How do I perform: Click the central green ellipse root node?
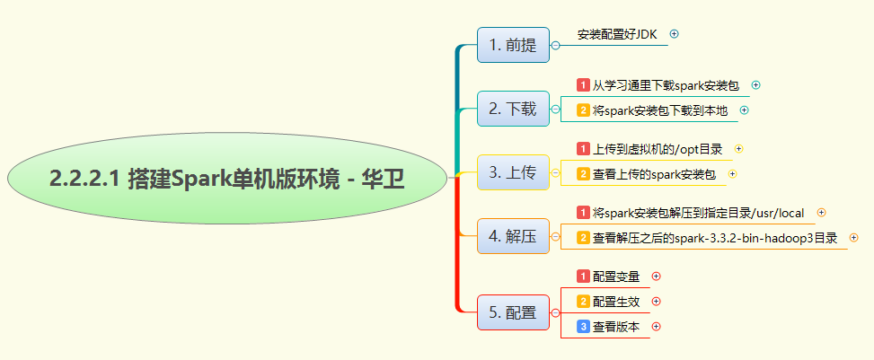[227, 180]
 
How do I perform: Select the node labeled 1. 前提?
[513, 46]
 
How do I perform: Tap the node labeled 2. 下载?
[513, 110]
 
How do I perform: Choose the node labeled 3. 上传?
[513, 172]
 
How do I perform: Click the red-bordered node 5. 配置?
[513, 312]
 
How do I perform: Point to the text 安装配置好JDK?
[617, 34]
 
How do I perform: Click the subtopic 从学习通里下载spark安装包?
[665, 85]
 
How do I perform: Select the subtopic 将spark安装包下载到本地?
[662, 110]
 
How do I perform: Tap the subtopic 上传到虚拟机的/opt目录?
[658, 148]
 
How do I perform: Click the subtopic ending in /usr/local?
[697, 213]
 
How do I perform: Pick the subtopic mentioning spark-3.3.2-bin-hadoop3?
[714, 238]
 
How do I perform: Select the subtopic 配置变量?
[616, 276]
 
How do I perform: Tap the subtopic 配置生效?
[616, 301]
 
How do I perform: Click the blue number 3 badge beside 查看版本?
[583, 327]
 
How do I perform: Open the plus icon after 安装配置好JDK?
[675, 34]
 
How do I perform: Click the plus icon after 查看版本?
[656, 327]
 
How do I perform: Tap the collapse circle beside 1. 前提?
[555, 45]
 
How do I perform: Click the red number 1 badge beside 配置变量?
[583, 276]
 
